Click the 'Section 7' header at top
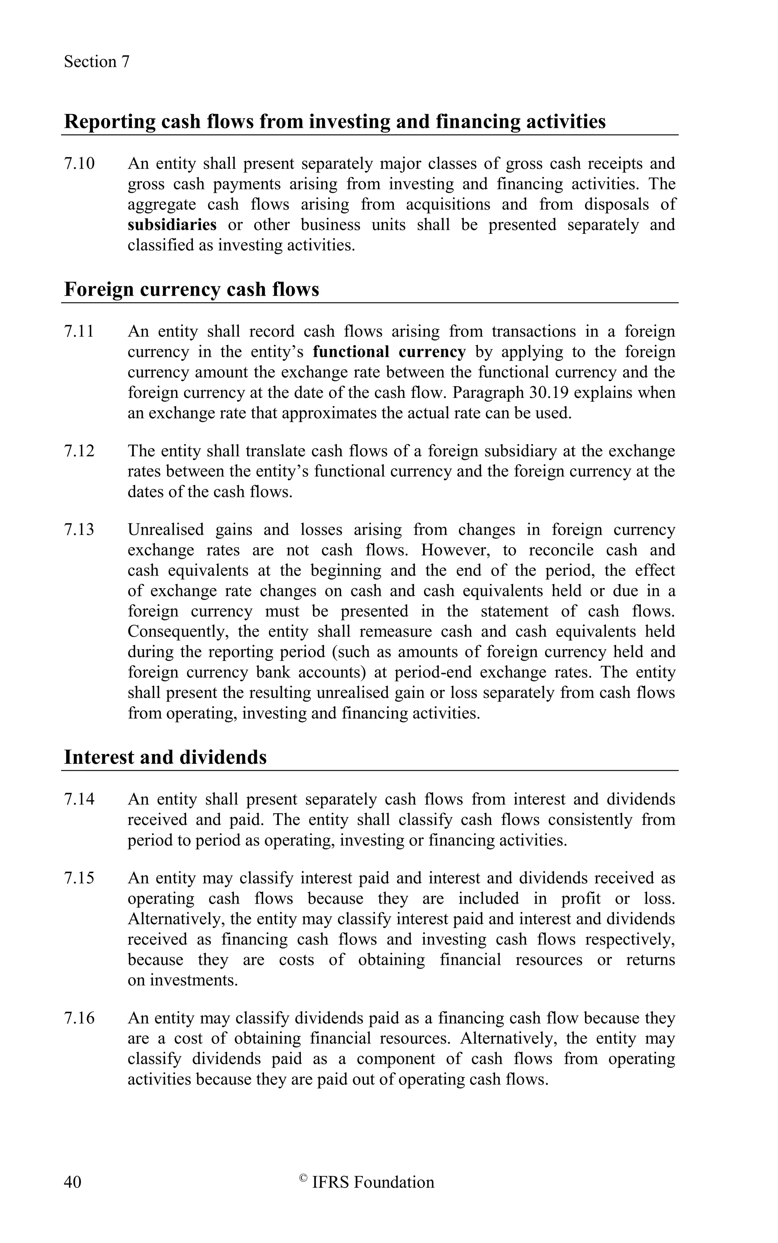tap(97, 62)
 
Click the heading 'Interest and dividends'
tap(165, 757)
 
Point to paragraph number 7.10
tap(79, 164)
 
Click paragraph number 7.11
tap(79, 331)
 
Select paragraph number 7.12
tap(79, 451)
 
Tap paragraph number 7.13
tap(79, 530)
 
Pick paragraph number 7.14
tap(79, 799)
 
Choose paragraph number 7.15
tap(79, 878)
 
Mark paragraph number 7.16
tap(79, 1018)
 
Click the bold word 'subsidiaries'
tap(172, 225)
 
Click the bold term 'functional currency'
tap(389, 352)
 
